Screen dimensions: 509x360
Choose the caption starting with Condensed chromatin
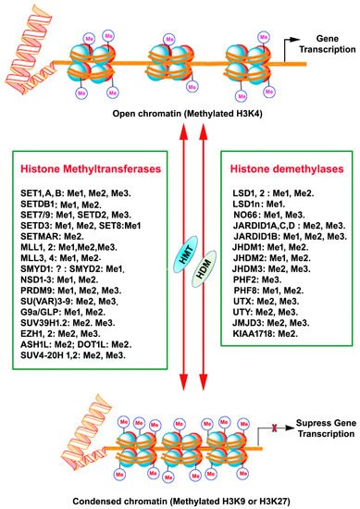[x=180, y=501]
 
